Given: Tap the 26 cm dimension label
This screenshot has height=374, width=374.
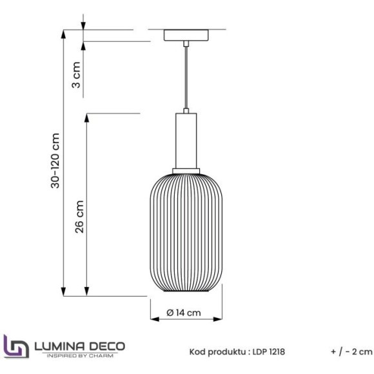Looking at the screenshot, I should (79, 217).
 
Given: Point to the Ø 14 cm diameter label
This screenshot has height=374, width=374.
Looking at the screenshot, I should (184, 312).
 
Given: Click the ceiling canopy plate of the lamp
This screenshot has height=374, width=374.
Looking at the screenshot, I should (186, 35).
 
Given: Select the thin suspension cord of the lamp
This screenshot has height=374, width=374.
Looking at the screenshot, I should (186, 77).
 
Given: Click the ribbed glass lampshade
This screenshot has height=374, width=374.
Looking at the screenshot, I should (186, 232).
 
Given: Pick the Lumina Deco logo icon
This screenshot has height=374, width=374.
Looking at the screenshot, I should (15, 346).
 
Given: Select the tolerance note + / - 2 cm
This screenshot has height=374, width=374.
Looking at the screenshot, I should (351, 351).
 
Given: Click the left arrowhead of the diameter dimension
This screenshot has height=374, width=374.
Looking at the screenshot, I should (153, 319).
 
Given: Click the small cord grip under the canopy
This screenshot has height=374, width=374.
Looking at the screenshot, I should (186, 43).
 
